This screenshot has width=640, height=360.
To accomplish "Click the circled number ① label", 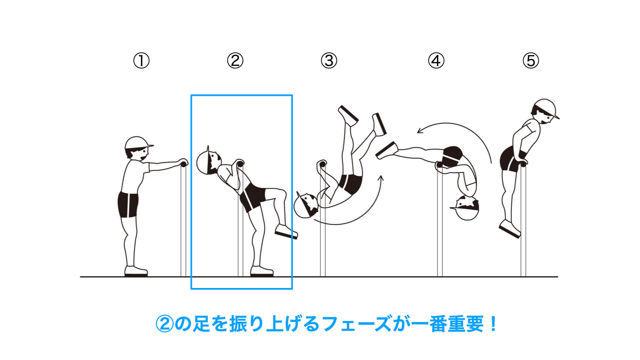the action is (x=141, y=61).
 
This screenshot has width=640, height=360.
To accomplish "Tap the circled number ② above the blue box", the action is (x=235, y=61).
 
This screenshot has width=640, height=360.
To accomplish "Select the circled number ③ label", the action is (x=329, y=61).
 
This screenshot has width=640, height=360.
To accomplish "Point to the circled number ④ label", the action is (x=436, y=61).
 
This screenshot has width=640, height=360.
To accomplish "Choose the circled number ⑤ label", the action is (x=531, y=61).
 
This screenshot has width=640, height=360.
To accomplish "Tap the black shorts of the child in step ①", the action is (x=128, y=204).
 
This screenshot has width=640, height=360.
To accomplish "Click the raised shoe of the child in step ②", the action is (x=286, y=231).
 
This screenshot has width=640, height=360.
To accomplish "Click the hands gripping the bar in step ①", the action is (x=183, y=163).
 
